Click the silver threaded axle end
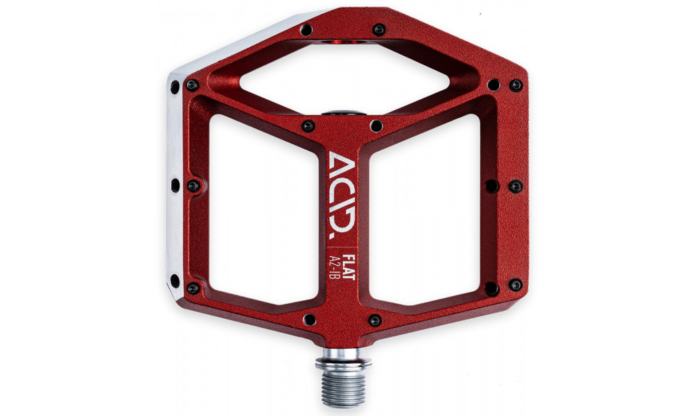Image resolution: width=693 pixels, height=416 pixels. pyautogui.click(x=344, y=382)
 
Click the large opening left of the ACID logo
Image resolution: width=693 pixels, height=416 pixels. pyautogui.click(x=263, y=208)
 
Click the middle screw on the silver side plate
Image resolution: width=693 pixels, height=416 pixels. pyautogui.click(x=175, y=185)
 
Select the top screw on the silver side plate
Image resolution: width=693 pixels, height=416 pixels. pyautogui.click(x=174, y=87)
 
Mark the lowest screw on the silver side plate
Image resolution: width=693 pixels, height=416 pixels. pyautogui.click(x=175, y=281)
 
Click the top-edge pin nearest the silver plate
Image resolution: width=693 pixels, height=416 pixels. pyautogui.click(x=306, y=29)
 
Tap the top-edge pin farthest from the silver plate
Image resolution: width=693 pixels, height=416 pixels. pyautogui.click(x=378, y=29)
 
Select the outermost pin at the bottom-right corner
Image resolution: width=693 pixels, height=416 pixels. pyautogui.click(x=515, y=285)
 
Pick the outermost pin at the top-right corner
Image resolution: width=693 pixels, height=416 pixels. pyautogui.click(x=515, y=85)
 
